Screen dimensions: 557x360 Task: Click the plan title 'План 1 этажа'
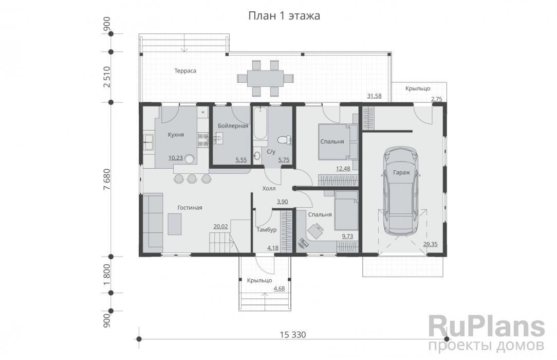[284, 16]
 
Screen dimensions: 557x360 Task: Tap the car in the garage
[401, 191]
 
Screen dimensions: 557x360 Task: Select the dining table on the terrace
[265, 78]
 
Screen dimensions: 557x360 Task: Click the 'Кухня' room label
[176, 135]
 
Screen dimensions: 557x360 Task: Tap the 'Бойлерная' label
[233, 126]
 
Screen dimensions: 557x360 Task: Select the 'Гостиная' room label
[190, 208]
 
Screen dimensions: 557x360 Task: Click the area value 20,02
[220, 226]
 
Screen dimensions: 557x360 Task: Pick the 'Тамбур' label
[266, 230]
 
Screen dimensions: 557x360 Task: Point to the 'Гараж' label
[401, 173]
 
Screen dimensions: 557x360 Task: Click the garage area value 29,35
[430, 244]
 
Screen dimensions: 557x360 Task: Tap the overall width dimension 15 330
[293, 335]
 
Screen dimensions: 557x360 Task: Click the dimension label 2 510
[107, 77]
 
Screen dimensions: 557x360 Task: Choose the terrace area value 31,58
[375, 96]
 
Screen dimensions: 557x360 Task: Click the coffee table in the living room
[174, 224]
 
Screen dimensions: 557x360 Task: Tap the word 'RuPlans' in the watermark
[487, 327]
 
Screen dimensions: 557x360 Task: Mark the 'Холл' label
[269, 189]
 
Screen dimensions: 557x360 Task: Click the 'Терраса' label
[185, 71]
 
